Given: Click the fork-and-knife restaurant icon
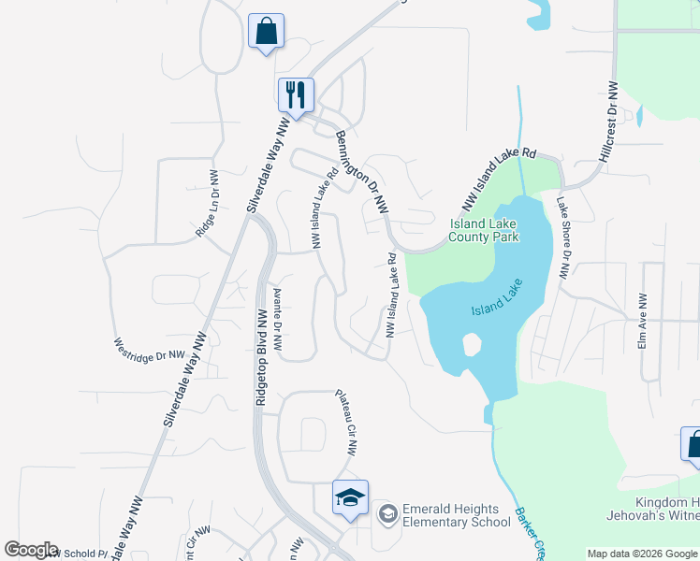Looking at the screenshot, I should pos(296,94).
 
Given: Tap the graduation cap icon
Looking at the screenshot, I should pos(350,497).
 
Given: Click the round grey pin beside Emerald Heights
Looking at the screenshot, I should pos(386,513).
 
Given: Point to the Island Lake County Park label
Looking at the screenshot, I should pos(484,231).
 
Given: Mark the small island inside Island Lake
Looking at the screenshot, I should pos(472,345).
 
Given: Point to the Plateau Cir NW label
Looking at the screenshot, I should pos(345,422).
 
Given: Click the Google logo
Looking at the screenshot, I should pos(31,550).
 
